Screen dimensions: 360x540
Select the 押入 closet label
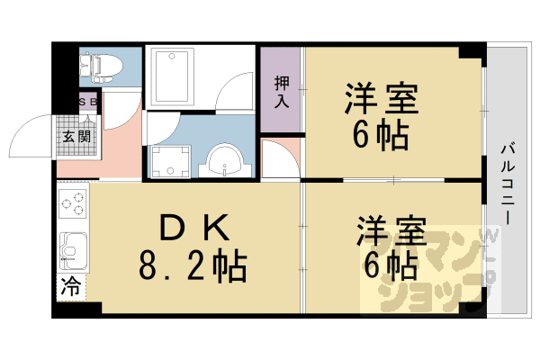pos(281,90)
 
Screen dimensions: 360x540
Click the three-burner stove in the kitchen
pos(73,204)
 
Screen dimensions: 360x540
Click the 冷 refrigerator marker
pos(69,288)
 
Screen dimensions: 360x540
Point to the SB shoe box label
pos(89,102)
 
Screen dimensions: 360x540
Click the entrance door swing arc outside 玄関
pos(27,135)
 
